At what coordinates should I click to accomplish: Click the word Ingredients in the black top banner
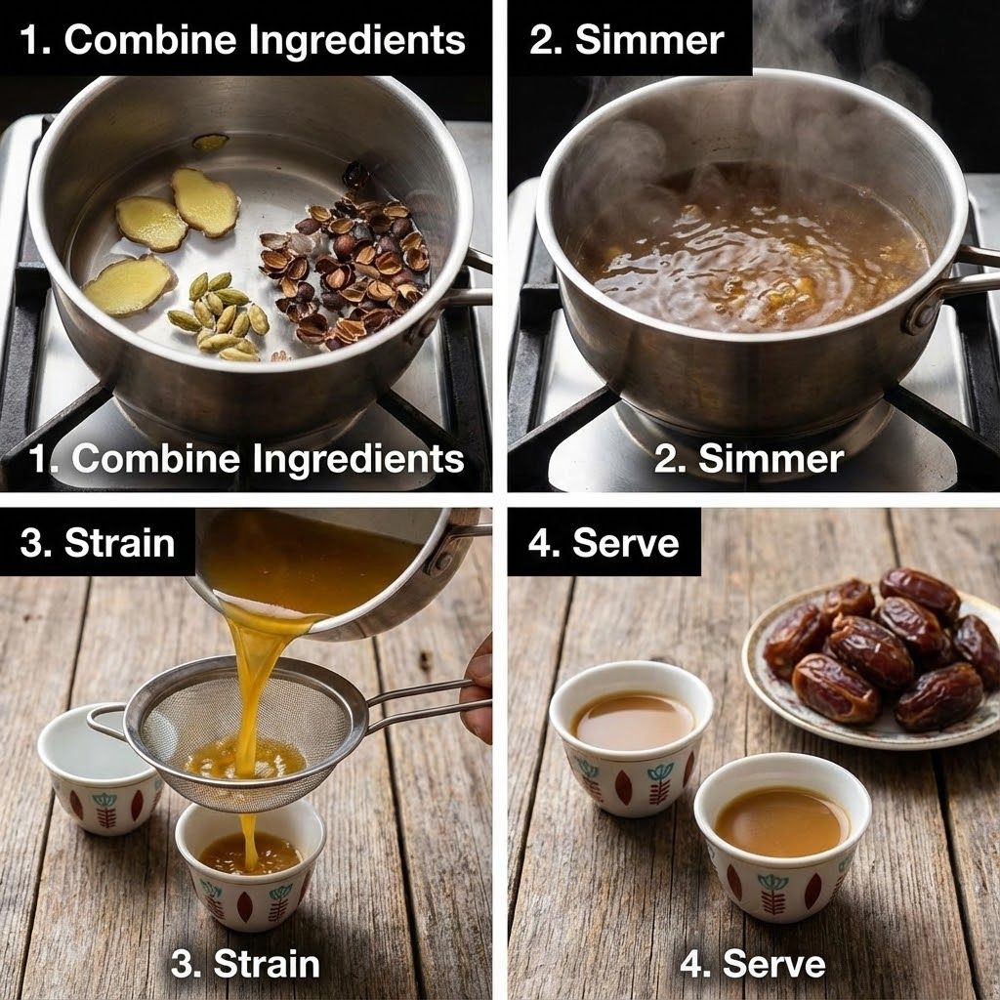356,41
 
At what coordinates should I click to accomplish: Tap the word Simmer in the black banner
649,41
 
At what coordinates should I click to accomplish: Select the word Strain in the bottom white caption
266,963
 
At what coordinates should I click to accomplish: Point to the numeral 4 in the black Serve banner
538,543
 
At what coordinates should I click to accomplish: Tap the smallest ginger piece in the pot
211,143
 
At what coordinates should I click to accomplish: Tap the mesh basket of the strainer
245,733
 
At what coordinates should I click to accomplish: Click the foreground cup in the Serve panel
782,837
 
